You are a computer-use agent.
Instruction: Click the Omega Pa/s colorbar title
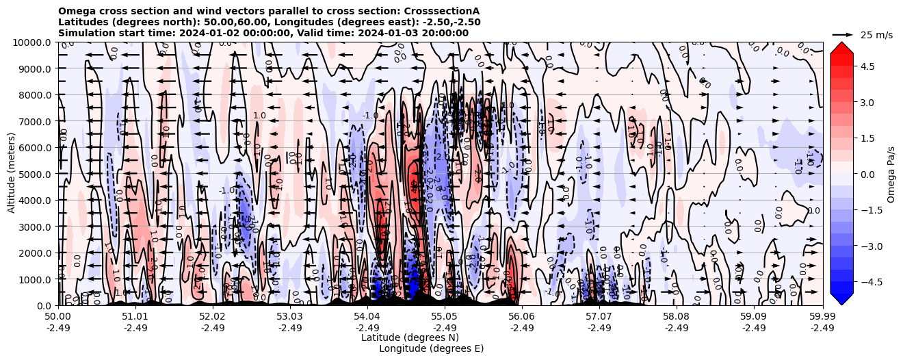coord(891,174)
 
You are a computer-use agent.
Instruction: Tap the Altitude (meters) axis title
coord(12,174)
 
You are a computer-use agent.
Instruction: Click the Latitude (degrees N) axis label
coord(410,337)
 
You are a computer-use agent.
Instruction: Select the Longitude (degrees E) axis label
coord(431,348)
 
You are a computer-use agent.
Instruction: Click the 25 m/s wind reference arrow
coord(842,34)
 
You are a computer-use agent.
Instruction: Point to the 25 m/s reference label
coord(876,35)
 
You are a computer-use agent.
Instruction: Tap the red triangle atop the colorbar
coord(841,48)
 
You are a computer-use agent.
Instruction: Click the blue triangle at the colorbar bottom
coord(841,298)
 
